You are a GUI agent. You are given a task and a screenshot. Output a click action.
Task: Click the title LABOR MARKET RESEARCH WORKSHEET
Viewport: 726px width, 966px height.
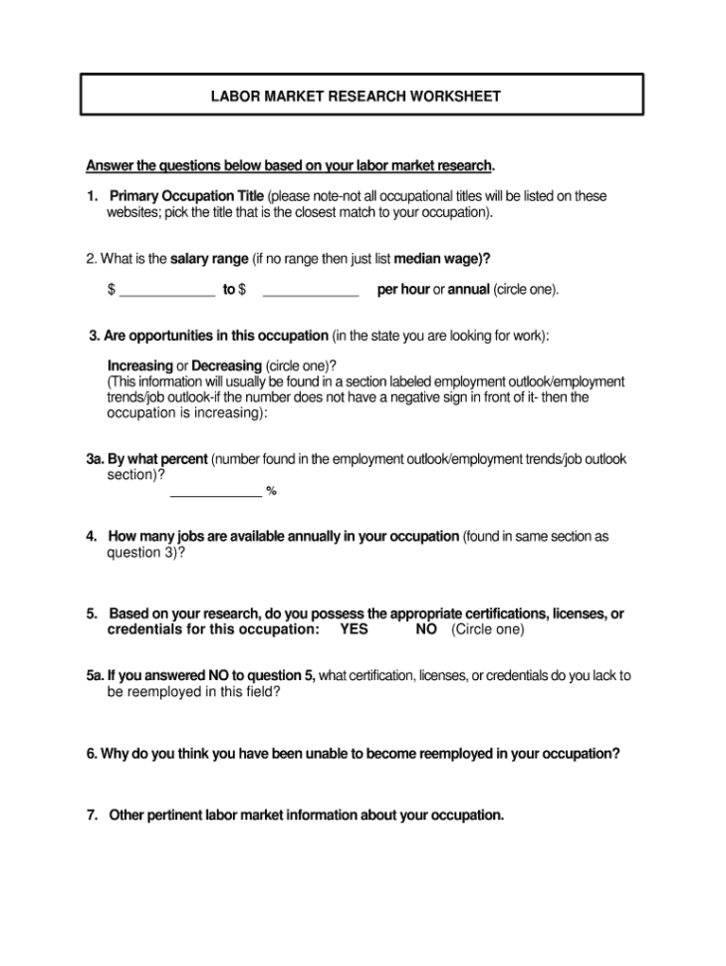356,97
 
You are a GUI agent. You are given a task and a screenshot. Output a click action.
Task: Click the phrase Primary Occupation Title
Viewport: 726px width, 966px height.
186,196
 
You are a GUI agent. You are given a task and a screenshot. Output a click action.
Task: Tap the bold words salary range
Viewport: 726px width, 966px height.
209,259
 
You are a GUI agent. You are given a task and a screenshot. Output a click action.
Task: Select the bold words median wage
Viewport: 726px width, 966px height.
439,259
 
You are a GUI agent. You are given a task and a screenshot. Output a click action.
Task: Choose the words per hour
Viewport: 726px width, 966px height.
402,290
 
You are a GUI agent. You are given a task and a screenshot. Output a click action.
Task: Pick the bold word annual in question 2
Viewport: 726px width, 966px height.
468,290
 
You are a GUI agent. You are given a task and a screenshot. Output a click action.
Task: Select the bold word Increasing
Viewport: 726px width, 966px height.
139,365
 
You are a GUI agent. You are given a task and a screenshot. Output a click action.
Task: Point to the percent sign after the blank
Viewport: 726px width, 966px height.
271,491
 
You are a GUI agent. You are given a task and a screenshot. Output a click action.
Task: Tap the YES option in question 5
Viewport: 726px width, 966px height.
354,629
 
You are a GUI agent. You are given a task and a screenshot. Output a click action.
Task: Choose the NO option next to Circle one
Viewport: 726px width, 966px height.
426,629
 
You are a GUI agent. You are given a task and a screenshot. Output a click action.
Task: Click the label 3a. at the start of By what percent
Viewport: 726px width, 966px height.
95,459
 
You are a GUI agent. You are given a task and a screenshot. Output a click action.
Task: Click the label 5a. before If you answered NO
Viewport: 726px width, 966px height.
95,675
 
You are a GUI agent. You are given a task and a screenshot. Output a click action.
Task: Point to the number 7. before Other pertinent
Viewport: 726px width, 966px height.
93,815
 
